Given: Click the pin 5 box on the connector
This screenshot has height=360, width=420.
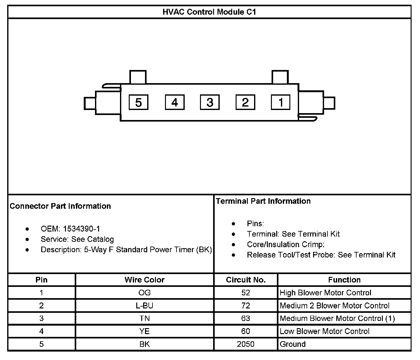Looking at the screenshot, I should coord(138,102).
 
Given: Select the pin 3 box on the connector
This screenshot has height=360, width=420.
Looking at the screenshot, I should coord(210,102).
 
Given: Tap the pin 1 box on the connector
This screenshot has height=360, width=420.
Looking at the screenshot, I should coord(281,102).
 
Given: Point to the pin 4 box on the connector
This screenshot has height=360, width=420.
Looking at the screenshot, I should coord(174,102).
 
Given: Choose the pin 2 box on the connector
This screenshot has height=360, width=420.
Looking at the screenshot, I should coord(245,102).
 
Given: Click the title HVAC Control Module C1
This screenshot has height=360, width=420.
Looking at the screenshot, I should coord(209,12).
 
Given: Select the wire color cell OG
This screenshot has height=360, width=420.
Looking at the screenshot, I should coord(144,293).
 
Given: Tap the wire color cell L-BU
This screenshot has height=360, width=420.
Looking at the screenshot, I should coord(144,306).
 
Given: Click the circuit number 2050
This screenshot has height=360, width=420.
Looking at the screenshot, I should coord(246,344).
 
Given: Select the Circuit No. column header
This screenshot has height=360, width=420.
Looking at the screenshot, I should coord(246,280).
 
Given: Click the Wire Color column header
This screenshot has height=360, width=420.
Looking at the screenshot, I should coord(144,280).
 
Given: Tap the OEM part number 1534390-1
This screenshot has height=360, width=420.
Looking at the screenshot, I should coord(82,229).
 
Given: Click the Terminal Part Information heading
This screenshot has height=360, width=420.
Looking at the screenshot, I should coord(263,201).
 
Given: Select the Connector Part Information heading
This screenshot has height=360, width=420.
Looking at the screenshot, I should coord(60,206).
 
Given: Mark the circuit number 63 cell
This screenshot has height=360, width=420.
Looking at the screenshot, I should coord(246,318).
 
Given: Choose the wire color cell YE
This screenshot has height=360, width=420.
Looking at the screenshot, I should coord(144,331).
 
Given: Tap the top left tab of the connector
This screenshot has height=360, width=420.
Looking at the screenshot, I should coord(137,77).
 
